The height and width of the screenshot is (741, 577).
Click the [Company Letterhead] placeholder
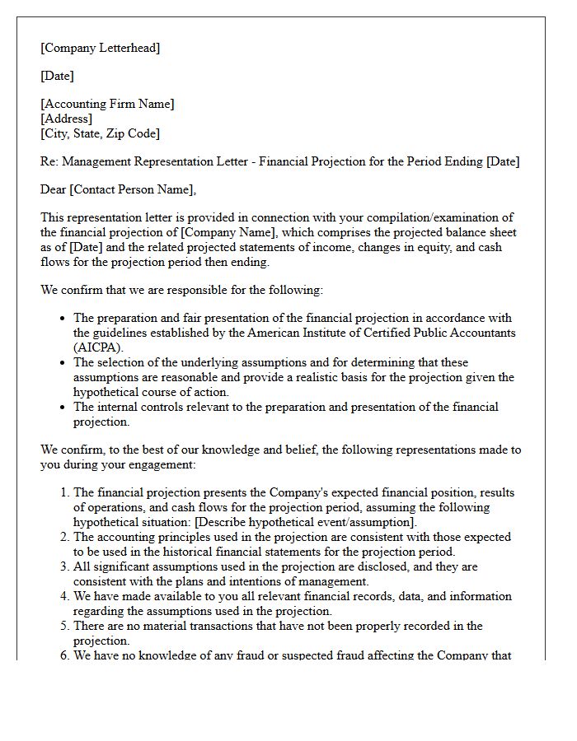click(100, 48)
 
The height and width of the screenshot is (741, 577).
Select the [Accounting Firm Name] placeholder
click(107, 104)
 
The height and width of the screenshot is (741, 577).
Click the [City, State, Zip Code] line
click(100, 133)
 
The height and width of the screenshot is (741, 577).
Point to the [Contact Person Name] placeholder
click(132, 189)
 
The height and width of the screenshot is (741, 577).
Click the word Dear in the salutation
click(53, 189)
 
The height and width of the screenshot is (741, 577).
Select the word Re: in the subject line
click(49, 161)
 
